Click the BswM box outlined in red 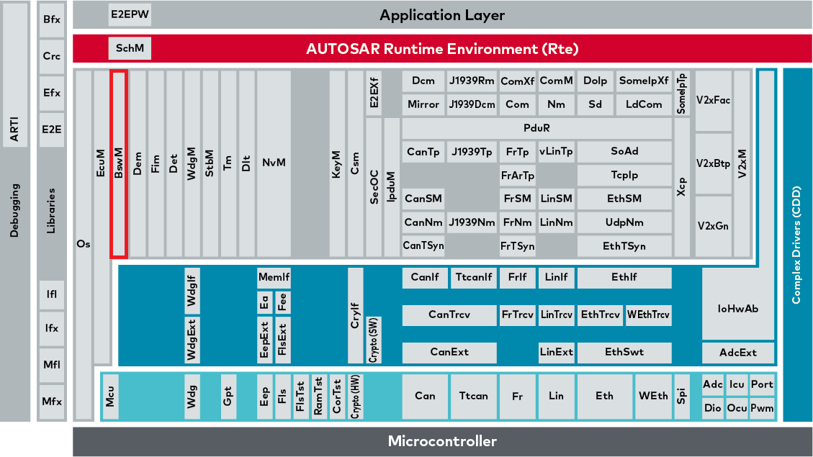(x=119, y=163)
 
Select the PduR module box (x=536, y=128)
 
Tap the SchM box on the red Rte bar (x=130, y=49)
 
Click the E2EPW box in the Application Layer (x=130, y=14)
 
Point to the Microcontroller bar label (x=441, y=441)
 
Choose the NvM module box (x=274, y=163)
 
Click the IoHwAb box (x=738, y=308)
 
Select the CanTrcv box (x=449, y=315)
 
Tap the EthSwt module (x=624, y=352)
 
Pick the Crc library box (x=51, y=56)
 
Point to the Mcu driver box (x=110, y=396)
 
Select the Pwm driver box (x=761, y=408)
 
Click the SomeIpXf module (x=643, y=81)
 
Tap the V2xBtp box (x=713, y=163)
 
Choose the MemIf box (x=274, y=277)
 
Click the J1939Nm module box (x=471, y=222)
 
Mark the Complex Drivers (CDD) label (x=796, y=245)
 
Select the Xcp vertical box (x=682, y=187)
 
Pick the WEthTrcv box (x=648, y=315)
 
